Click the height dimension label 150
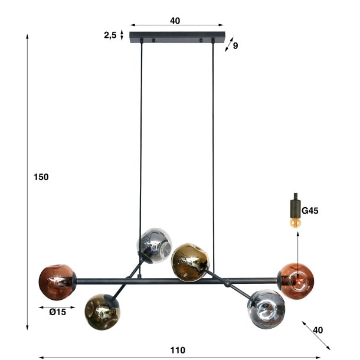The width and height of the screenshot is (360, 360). (x=40, y=177)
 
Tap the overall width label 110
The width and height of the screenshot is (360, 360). (x=178, y=350)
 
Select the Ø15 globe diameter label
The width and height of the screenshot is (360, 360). (x=57, y=312)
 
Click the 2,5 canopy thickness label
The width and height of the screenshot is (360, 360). (x=110, y=35)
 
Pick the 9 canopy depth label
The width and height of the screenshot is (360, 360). (x=235, y=45)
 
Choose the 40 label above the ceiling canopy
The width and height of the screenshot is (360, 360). (x=175, y=21)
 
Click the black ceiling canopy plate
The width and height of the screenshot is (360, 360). (x=177, y=37)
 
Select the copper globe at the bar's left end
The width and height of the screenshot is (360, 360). (x=57, y=281)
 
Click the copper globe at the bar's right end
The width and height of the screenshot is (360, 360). (x=296, y=280)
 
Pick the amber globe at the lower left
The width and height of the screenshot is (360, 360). (x=102, y=307)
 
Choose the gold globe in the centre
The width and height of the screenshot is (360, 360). (x=188, y=260)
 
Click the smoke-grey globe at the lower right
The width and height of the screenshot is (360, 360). (x=267, y=308)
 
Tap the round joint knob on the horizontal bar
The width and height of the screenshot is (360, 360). (x=228, y=284)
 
